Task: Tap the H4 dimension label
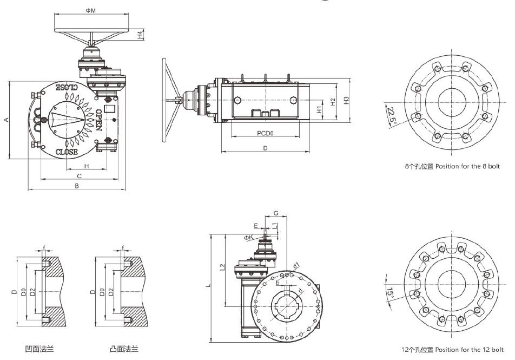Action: pyautogui.click(x=140, y=35)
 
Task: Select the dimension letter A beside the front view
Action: pyautogui.click(x=6, y=120)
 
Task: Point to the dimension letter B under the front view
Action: pyautogui.click(x=77, y=186)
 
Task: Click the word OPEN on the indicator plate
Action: pyautogui.click(x=99, y=120)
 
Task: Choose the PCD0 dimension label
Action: pyautogui.click(x=265, y=132)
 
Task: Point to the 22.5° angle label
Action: pyautogui.click(x=392, y=115)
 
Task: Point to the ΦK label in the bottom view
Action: pyautogui.click(x=248, y=237)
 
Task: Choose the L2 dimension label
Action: pyautogui.click(x=223, y=267)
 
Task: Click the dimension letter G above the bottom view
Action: pyautogui.click(x=276, y=213)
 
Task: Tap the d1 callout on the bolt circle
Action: pyautogui.click(x=296, y=266)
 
